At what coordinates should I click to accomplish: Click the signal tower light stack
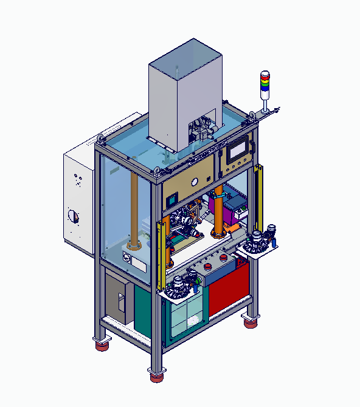(265, 84)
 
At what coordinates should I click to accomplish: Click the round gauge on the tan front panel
(195, 182)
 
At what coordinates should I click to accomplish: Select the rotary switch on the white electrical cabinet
(74, 216)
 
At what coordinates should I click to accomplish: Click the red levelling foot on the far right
(250, 321)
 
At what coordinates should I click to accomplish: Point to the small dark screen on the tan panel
(171, 197)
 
